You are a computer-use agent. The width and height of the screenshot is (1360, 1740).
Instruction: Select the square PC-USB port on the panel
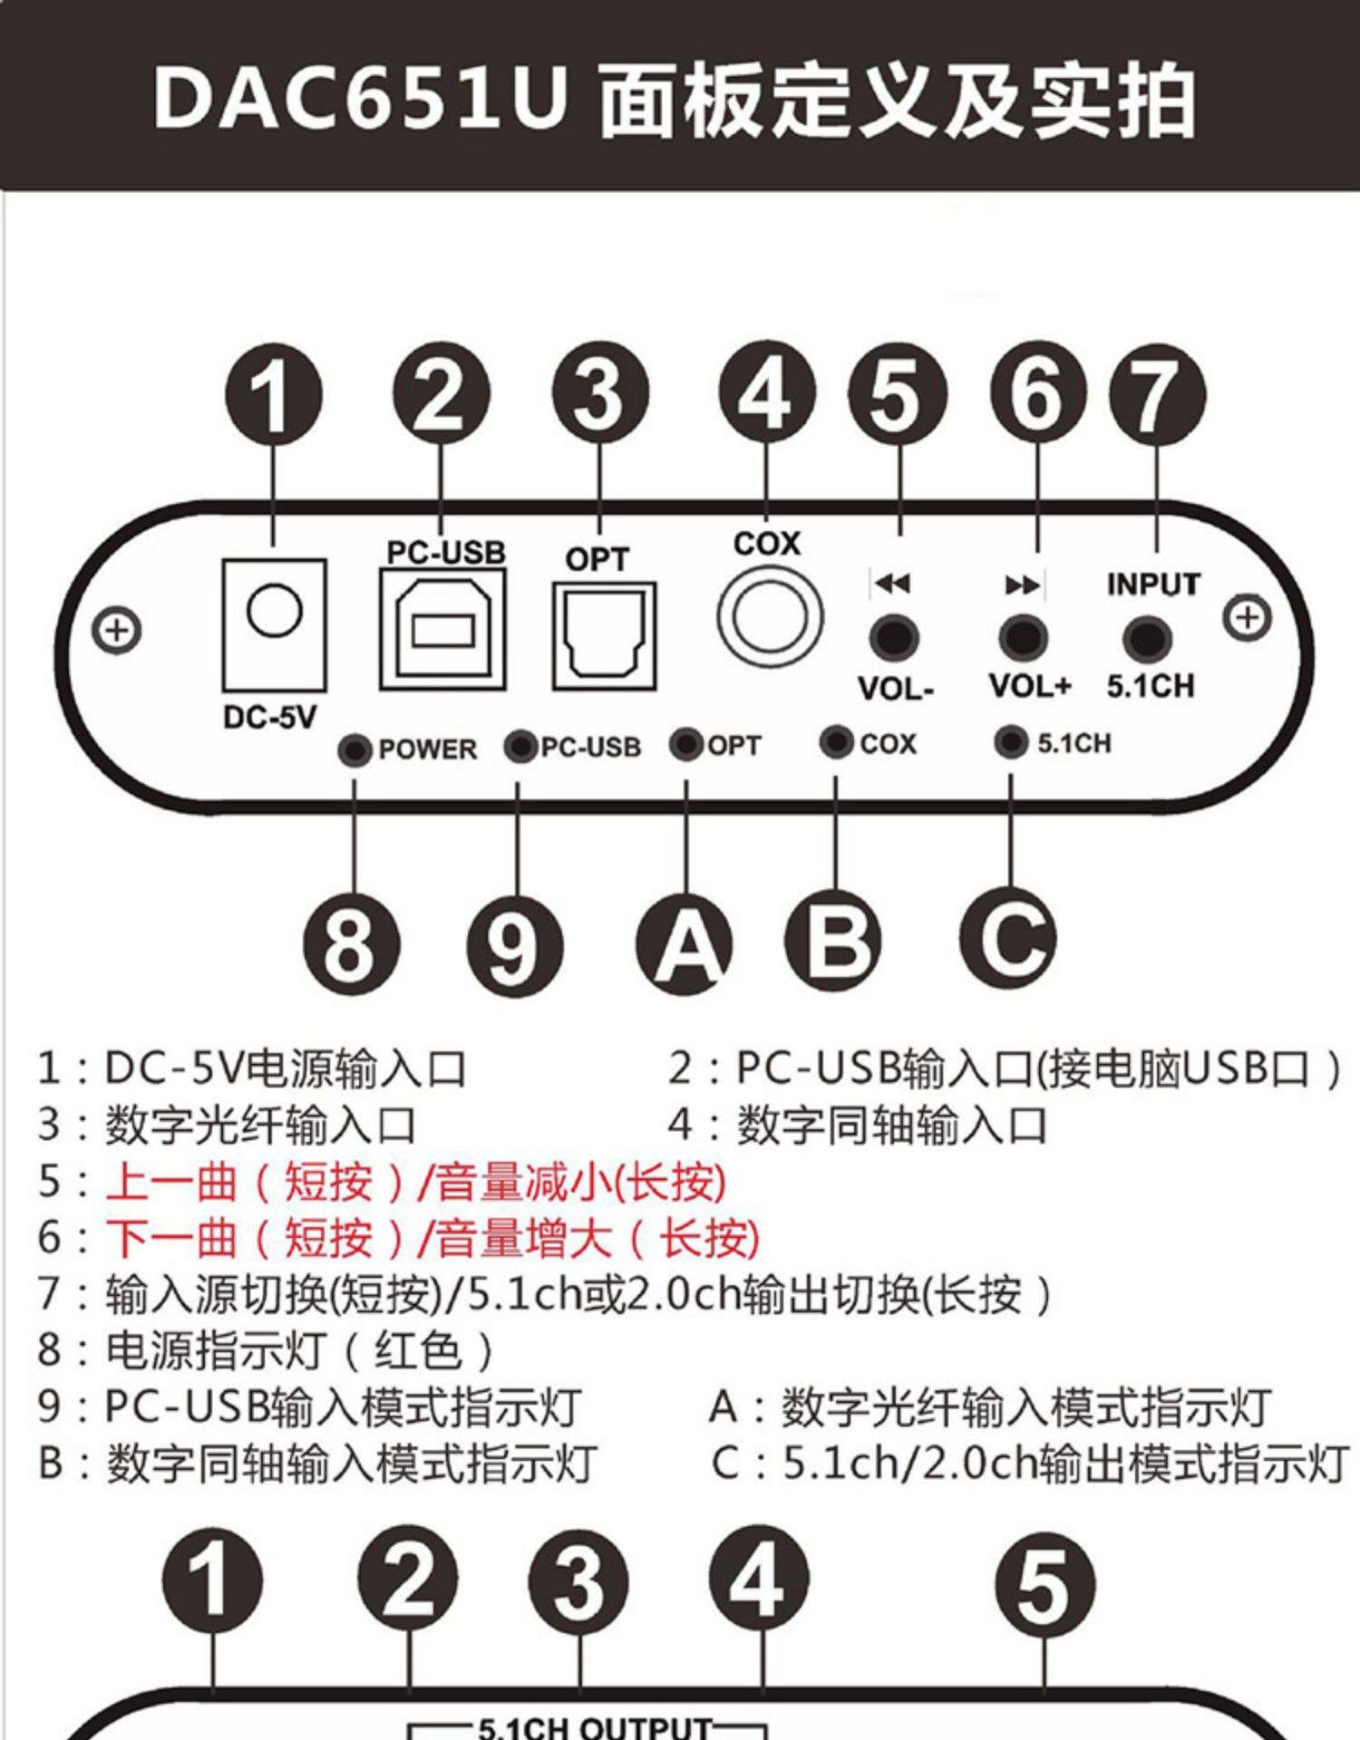tap(442, 629)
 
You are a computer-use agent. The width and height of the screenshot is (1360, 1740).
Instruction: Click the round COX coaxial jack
tap(770, 616)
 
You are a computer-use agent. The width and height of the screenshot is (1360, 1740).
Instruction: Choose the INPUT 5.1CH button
tap(1147, 638)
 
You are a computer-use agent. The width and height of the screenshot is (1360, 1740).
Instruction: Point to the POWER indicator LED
tap(355, 750)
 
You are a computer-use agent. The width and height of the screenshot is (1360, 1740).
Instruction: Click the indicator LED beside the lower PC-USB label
tap(520, 747)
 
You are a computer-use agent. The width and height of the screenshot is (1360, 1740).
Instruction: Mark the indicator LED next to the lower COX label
tap(836, 743)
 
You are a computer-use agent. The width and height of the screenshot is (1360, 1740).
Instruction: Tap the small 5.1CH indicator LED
tap(1011, 742)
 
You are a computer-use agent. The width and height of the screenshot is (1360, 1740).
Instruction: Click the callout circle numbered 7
tap(1157, 395)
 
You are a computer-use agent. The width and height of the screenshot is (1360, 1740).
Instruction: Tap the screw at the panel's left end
tap(117, 630)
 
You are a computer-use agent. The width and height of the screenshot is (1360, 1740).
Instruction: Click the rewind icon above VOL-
tap(892, 583)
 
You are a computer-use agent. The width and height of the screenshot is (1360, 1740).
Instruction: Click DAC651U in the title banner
tap(361, 98)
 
